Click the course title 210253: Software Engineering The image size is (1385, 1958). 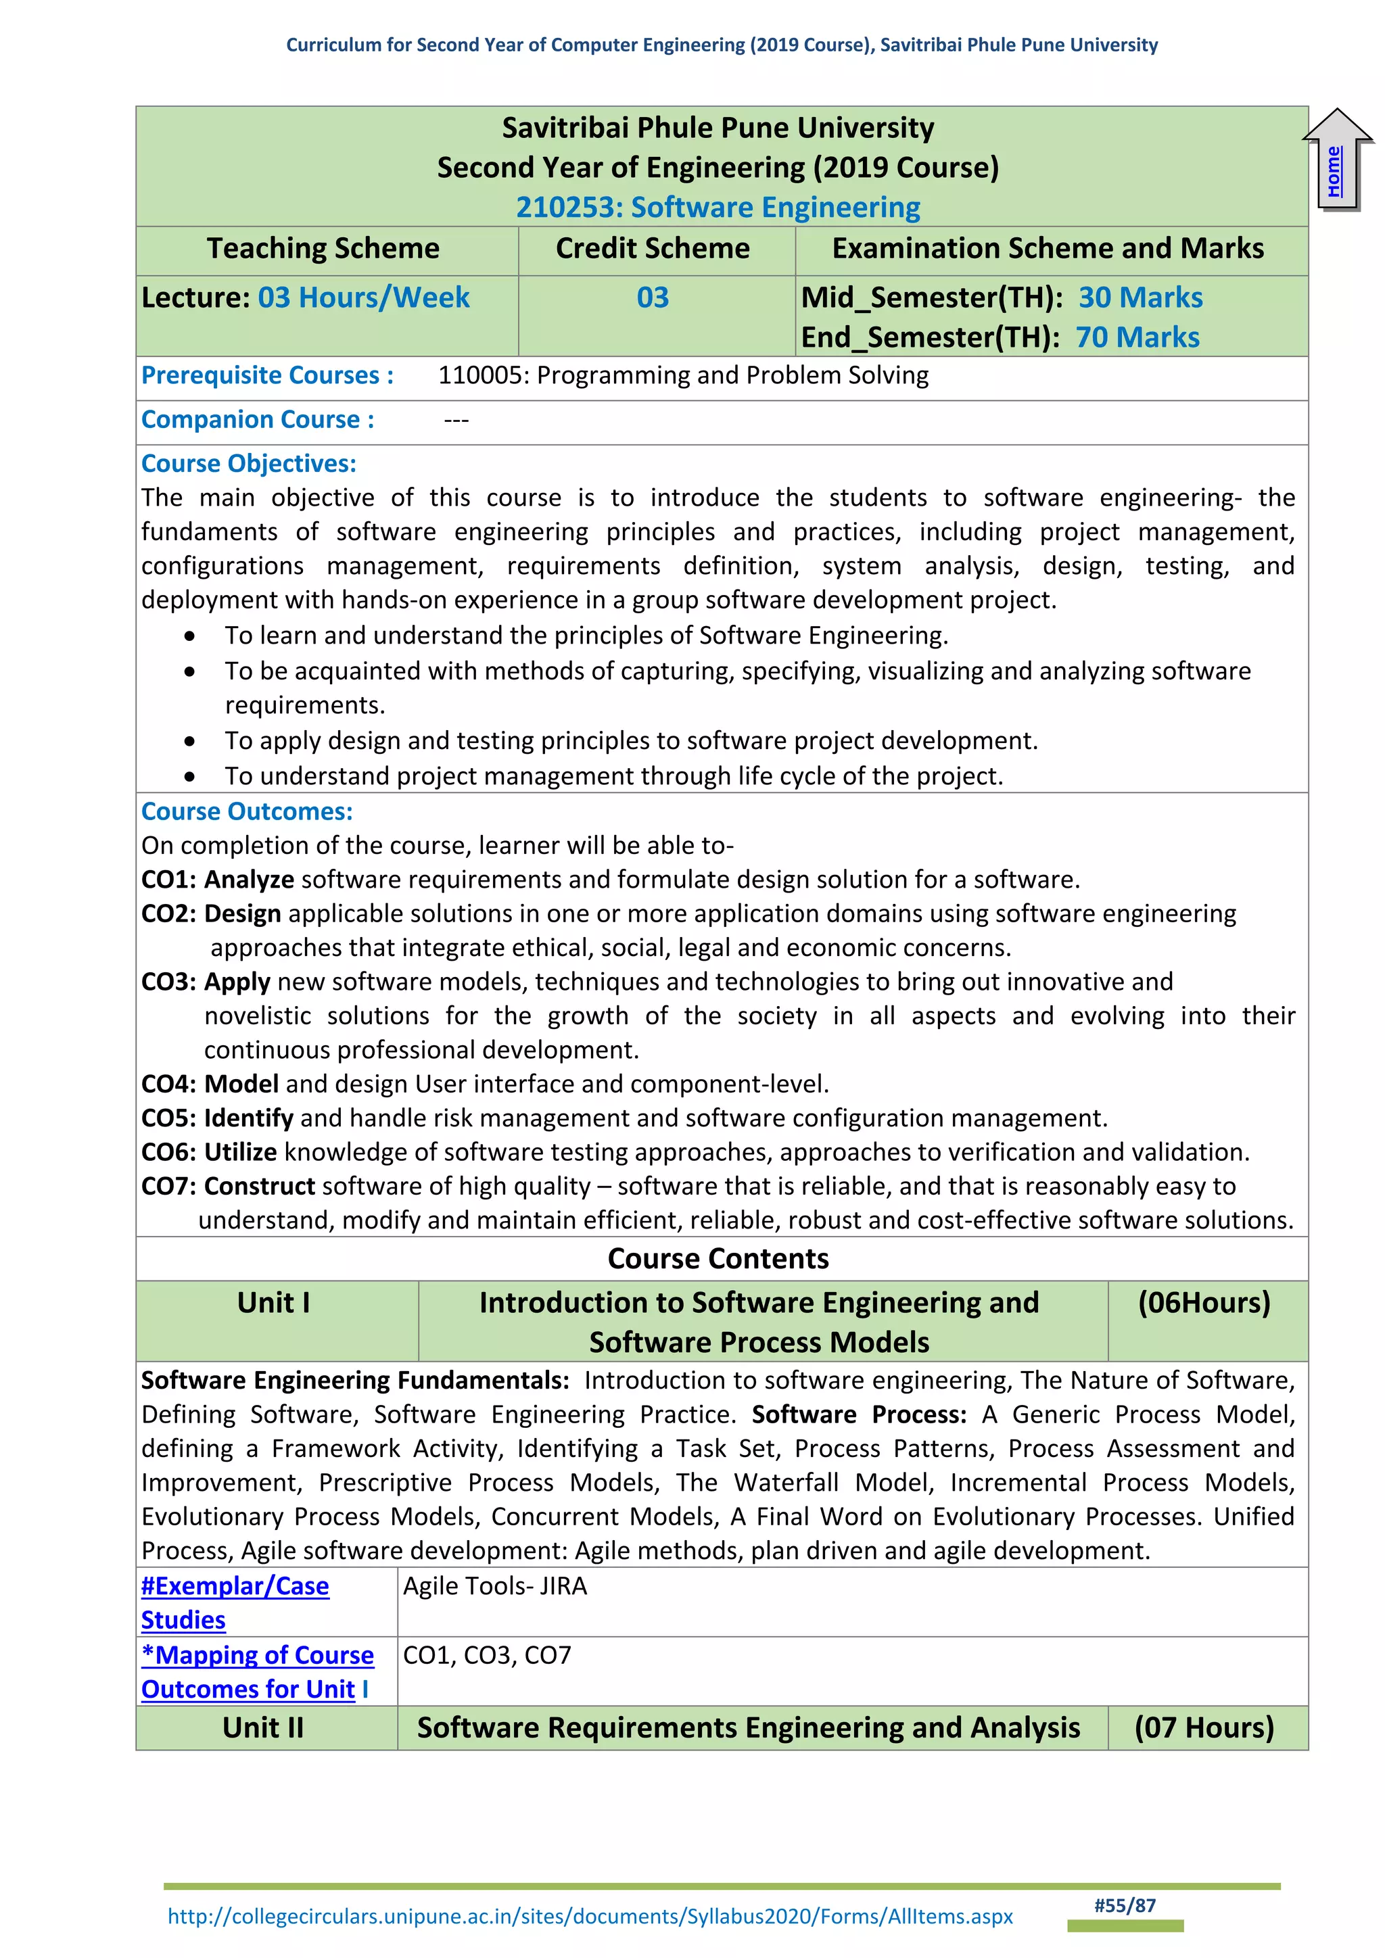pos(718,208)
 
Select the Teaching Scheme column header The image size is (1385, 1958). pos(323,249)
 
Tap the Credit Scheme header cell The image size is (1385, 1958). pos(653,249)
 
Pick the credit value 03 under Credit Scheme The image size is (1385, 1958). pos(653,297)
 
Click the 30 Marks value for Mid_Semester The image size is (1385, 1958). pos(1140,297)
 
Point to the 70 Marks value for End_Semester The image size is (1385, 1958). pos(1137,337)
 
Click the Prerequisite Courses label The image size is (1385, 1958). pos(267,375)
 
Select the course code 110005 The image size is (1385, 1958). pos(480,375)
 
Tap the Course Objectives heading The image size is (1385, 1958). pos(248,464)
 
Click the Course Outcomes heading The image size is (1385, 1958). pos(246,812)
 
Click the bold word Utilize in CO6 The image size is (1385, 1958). pos(241,1152)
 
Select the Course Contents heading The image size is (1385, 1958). pos(718,1259)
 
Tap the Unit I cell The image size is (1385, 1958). pos(274,1303)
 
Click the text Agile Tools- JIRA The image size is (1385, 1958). pos(494,1586)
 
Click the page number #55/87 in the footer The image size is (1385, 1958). pos(1125,1906)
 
